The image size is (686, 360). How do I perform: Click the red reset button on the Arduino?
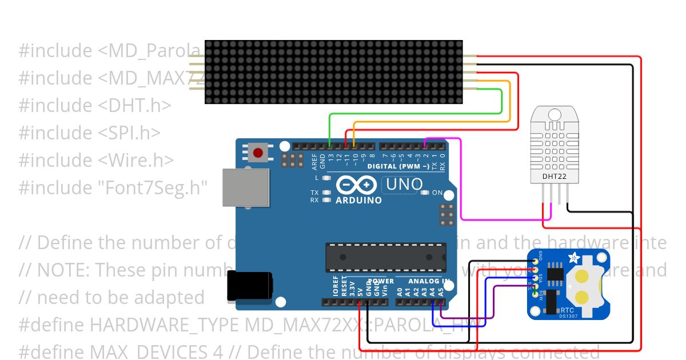(x=258, y=153)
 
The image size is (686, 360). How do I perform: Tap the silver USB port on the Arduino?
(x=245, y=187)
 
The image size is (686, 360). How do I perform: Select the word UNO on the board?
(x=404, y=185)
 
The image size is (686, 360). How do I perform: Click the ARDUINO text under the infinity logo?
(x=358, y=201)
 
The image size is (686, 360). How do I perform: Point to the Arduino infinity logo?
(x=357, y=185)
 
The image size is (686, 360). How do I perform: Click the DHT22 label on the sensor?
(x=554, y=177)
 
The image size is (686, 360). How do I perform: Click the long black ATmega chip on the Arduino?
(x=385, y=257)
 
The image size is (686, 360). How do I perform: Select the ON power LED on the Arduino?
(x=424, y=193)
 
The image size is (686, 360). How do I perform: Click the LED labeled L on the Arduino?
(x=326, y=178)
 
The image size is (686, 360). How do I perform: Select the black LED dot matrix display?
(x=333, y=72)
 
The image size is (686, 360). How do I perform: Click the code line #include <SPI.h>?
(x=89, y=133)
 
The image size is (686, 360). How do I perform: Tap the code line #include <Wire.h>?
(x=95, y=160)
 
